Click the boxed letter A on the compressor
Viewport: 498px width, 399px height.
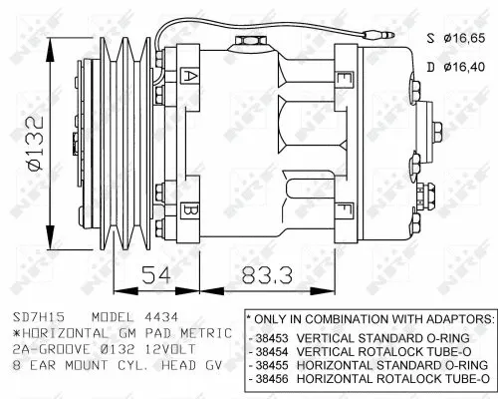(189, 76)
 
